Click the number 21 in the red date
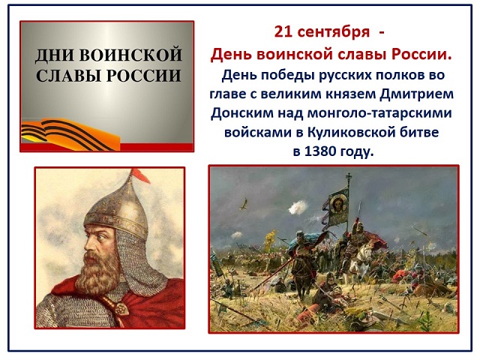tap(282, 31)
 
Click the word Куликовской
tap(350, 132)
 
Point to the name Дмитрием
tap(417, 94)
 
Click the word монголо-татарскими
tap(379, 113)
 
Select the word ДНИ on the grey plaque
tap(55, 55)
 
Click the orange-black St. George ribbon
tap(69, 135)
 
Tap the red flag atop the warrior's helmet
tap(140, 175)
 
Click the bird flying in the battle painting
tap(244, 204)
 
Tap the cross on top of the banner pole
tap(348, 177)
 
